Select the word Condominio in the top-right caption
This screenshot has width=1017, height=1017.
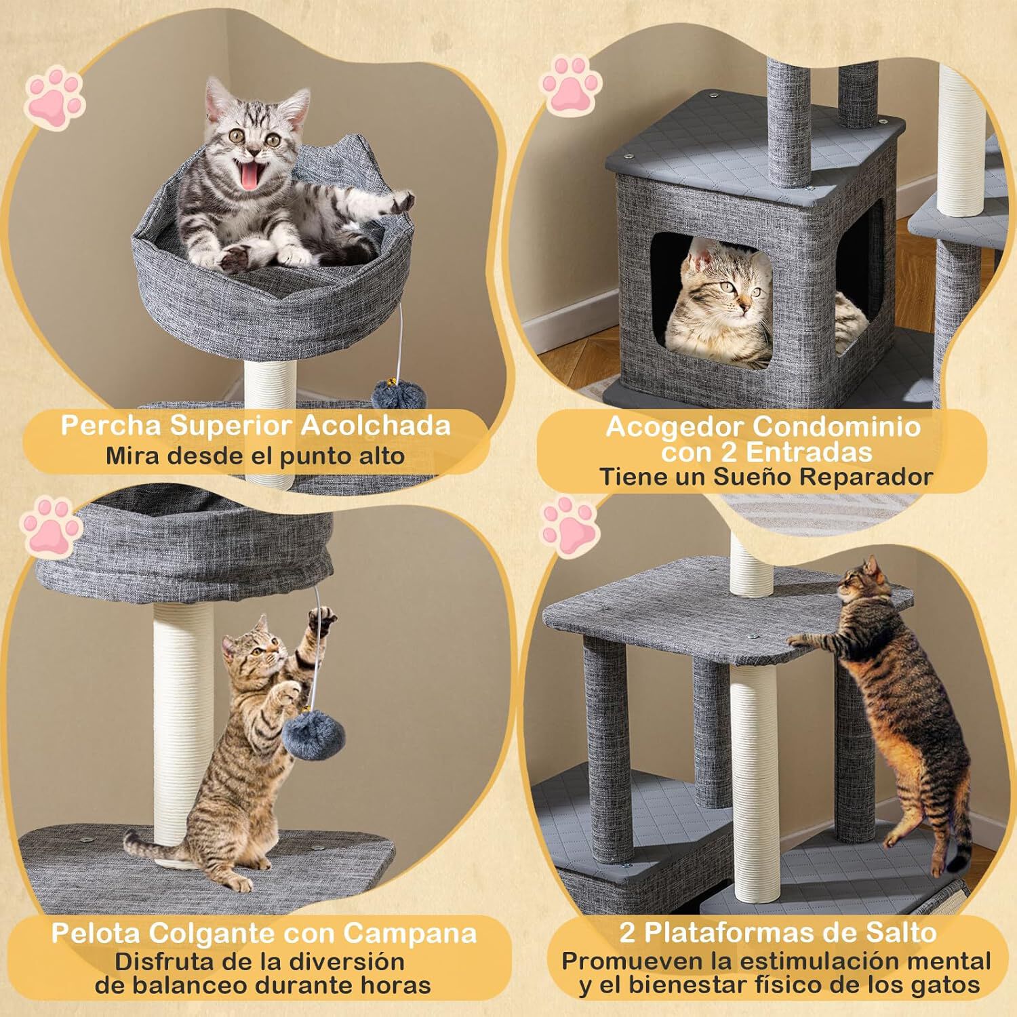837,426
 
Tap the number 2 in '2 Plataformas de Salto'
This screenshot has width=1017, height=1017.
627,934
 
